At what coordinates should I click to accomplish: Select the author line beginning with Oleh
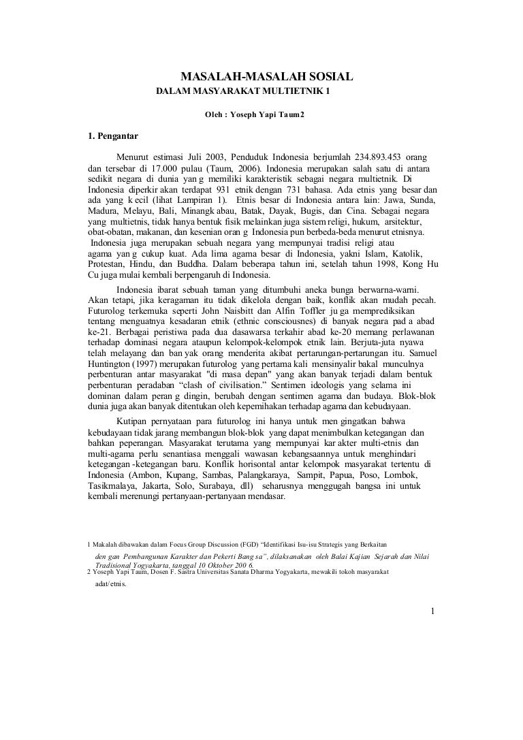pyautogui.click(x=255, y=114)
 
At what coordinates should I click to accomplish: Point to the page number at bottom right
pyautogui.click(x=432, y=610)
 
